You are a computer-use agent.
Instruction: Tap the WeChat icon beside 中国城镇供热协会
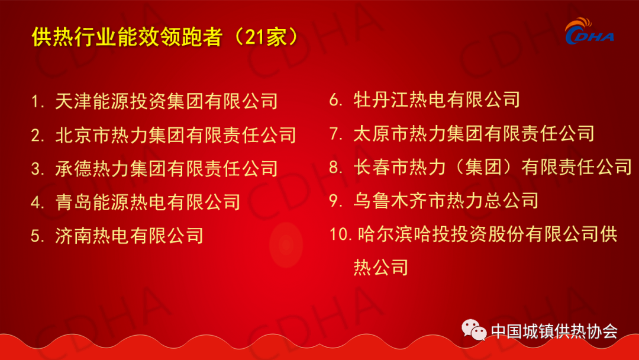click(x=474, y=330)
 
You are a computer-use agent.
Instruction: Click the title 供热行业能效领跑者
click(x=127, y=37)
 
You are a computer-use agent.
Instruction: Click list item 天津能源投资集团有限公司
click(x=166, y=101)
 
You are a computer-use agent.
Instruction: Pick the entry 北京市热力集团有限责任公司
click(x=176, y=135)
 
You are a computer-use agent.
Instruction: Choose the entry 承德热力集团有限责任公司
click(x=166, y=168)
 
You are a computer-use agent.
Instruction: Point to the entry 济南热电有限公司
click(x=129, y=236)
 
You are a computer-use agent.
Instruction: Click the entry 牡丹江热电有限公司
click(x=437, y=99)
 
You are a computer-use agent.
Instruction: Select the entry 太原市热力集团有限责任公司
click(x=473, y=133)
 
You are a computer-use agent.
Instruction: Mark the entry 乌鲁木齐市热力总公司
click(x=446, y=201)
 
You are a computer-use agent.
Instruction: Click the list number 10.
click(x=340, y=234)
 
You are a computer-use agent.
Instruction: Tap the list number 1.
click(x=37, y=101)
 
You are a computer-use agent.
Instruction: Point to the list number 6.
click(x=336, y=100)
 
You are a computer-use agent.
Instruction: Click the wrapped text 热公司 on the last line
click(x=380, y=268)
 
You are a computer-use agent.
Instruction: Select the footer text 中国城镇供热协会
click(x=554, y=331)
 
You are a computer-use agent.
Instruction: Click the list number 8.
click(x=336, y=167)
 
